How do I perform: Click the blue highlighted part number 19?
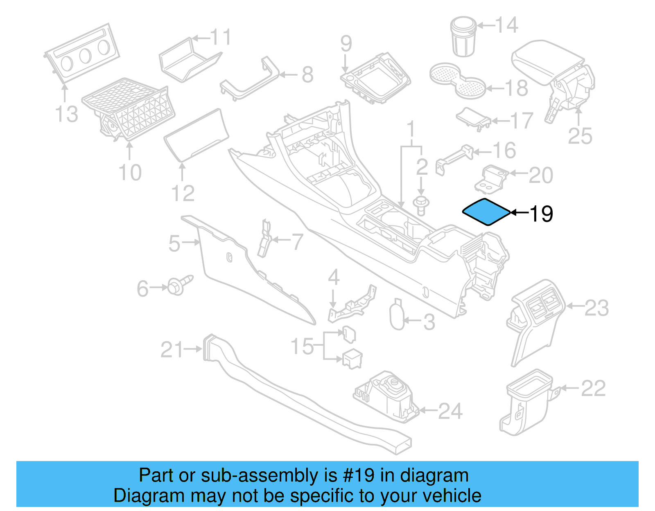486,212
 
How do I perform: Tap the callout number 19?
541,214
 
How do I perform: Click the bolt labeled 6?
178,285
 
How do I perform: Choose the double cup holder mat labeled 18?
457,80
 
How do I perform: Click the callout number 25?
580,136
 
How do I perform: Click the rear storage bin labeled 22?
526,403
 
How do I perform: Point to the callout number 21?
172,350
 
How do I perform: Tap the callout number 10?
130,172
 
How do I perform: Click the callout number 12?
183,194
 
